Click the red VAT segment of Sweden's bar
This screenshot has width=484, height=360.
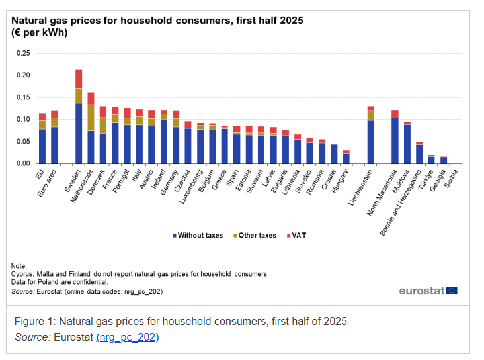[79, 79]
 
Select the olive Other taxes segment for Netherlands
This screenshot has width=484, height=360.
[91, 117]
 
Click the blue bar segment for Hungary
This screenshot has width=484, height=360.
[346, 158]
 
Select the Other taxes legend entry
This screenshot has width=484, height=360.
[255, 235]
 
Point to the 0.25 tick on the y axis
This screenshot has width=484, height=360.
[23, 53]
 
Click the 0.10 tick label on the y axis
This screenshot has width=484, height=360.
[23, 119]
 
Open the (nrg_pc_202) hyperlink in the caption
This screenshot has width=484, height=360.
[128, 337]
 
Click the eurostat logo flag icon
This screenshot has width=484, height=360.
[452, 291]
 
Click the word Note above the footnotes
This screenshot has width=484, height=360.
[19, 265]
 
